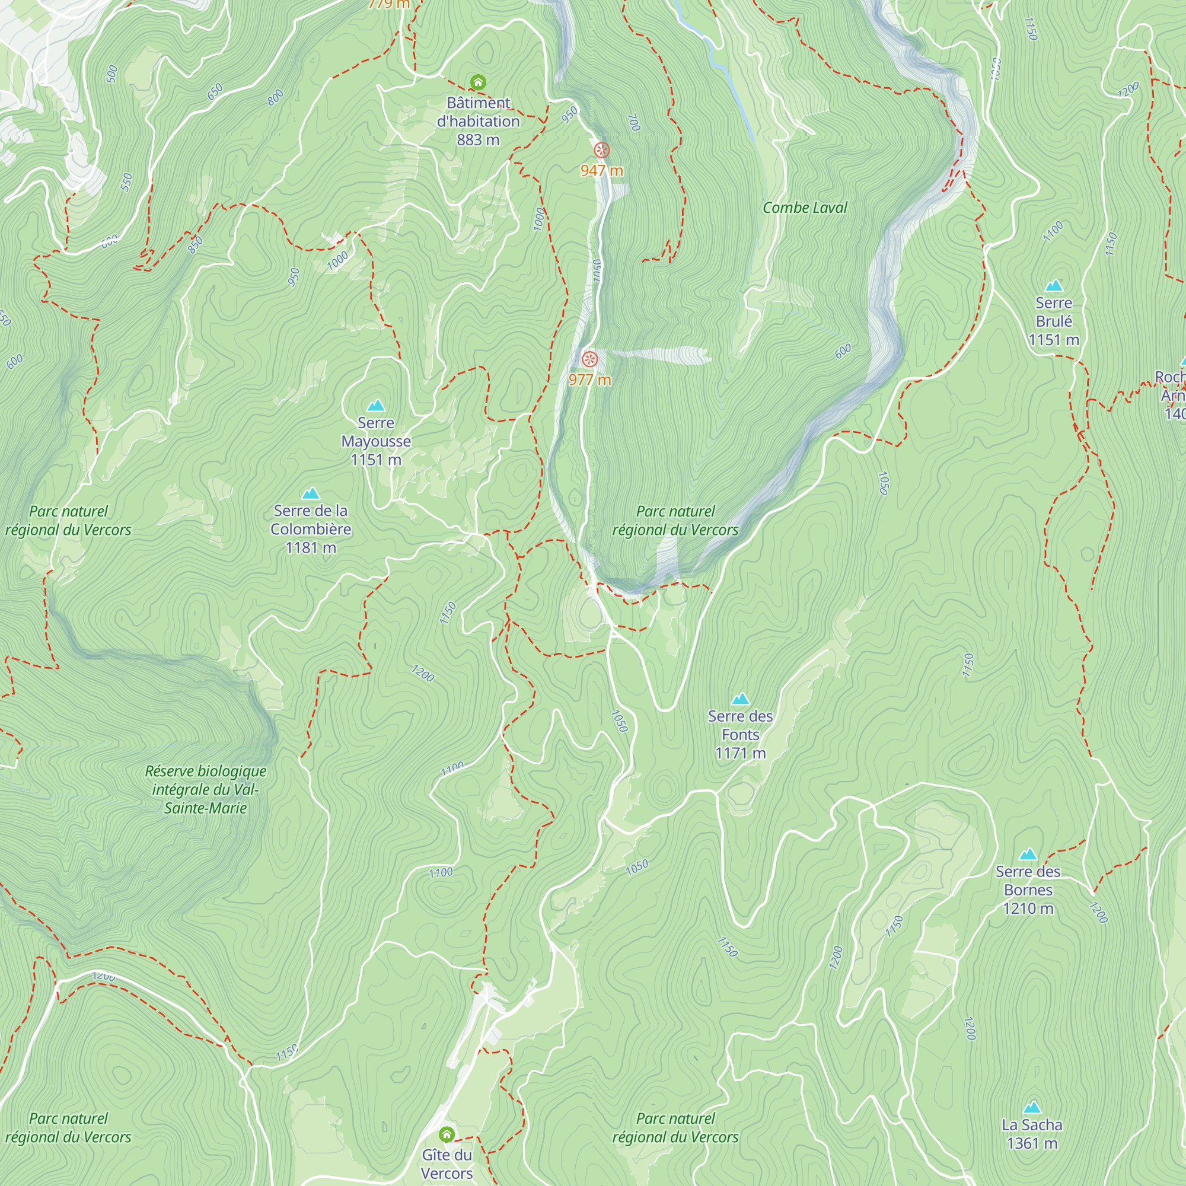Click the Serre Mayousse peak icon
coord(376,406)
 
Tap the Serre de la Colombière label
coord(311,520)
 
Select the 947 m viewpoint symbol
coord(601,150)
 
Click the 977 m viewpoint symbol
coord(589,359)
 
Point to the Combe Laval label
coord(804,208)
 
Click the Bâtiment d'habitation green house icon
coord(477,82)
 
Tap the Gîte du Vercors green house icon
coord(447,1134)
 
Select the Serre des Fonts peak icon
coord(740,699)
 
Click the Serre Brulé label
coord(1053,312)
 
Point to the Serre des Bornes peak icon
coord(1028,855)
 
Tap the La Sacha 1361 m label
coord(1032,1134)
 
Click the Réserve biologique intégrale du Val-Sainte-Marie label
coord(206,789)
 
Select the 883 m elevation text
coord(477,140)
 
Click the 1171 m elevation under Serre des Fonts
coord(740,753)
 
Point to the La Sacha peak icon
coord(1032,1107)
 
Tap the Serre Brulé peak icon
coord(1053,285)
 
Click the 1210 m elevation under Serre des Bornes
coord(1028,908)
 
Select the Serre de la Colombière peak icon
coord(311,493)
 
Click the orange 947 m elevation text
coord(601,171)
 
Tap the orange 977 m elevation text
coord(589,380)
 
